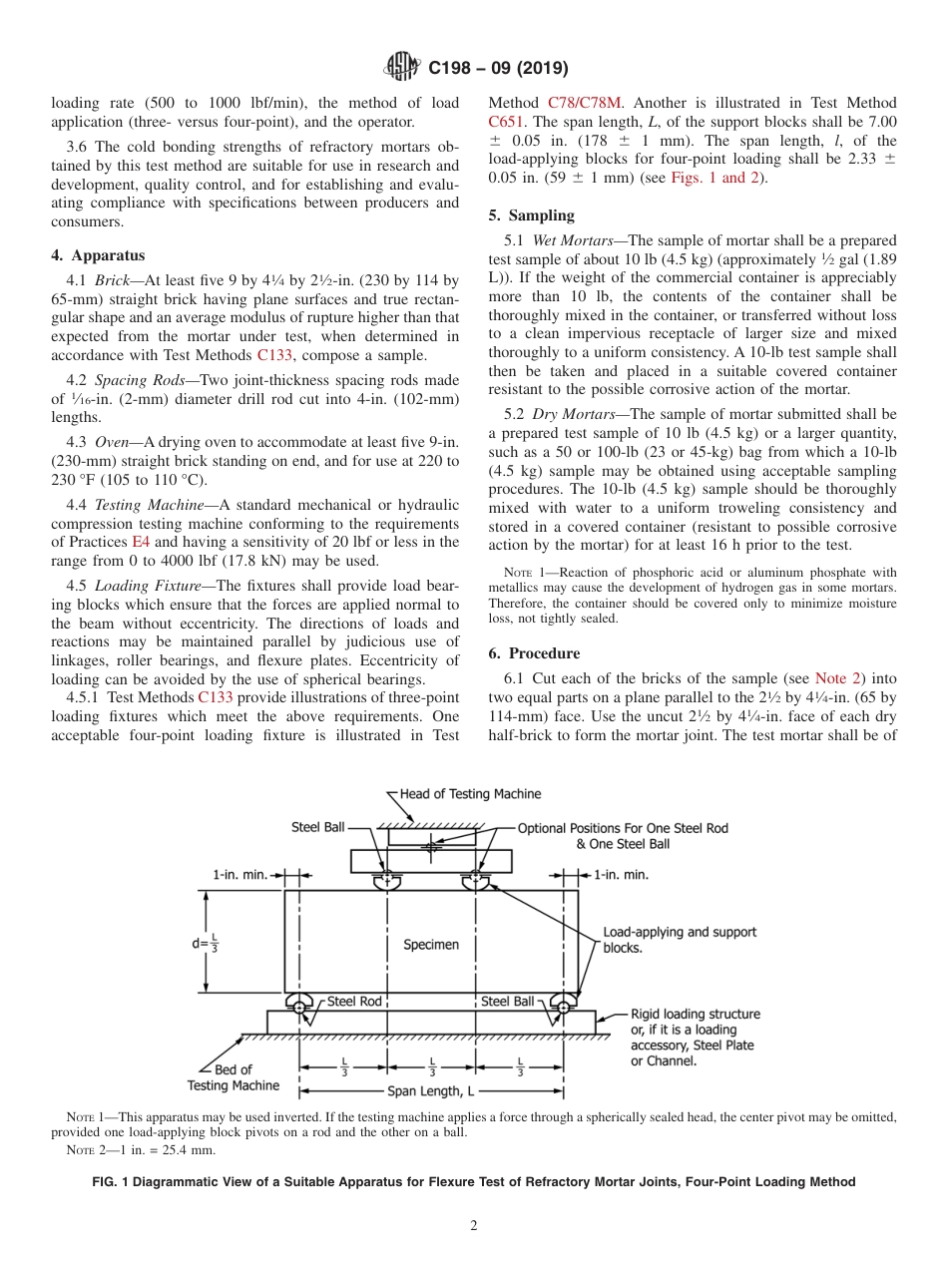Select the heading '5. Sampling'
pos(531,215)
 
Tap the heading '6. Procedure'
pos(534,653)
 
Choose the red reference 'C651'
pos(506,122)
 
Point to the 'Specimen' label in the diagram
pos(431,944)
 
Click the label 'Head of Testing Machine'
pos(470,794)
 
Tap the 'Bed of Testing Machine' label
pos(234,1077)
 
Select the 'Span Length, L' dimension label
pos(433,1090)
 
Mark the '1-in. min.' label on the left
pos(239,875)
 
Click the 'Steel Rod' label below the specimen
pos(354,1001)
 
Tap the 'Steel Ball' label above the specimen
pos(317,827)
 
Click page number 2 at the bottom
pos(473,1225)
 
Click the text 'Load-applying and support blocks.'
pos(679,940)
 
